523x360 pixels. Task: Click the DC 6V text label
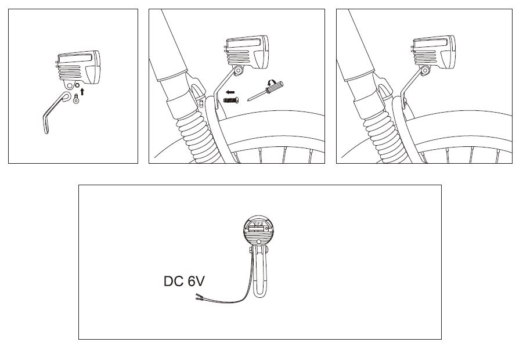(x=184, y=282)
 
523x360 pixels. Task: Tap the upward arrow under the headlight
(x=82, y=91)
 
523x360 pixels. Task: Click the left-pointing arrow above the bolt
(x=231, y=92)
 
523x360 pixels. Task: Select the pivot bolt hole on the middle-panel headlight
(x=238, y=71)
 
